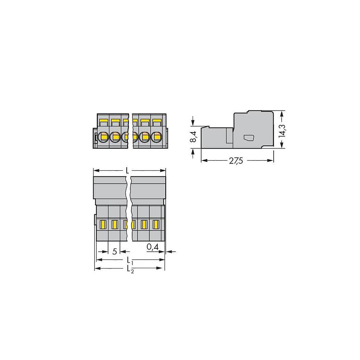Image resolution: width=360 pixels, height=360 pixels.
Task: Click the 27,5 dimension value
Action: click(236, 161)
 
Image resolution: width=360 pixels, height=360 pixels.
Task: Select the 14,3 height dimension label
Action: click(282, 131)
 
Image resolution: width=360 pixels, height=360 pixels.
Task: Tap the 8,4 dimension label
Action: click(193, 137)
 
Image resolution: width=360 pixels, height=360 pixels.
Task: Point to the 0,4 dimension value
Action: click(152, 247)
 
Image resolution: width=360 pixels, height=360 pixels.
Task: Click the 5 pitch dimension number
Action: click(115, 252)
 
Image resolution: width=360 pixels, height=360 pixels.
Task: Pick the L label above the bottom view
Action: click(127, 170)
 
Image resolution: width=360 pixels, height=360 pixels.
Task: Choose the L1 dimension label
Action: click(130, 261)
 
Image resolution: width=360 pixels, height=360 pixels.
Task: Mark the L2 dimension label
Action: click(130, 269)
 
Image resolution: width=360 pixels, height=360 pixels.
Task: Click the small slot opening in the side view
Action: click(249, 138)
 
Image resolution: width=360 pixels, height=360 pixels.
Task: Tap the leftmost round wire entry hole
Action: click(103, 137)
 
